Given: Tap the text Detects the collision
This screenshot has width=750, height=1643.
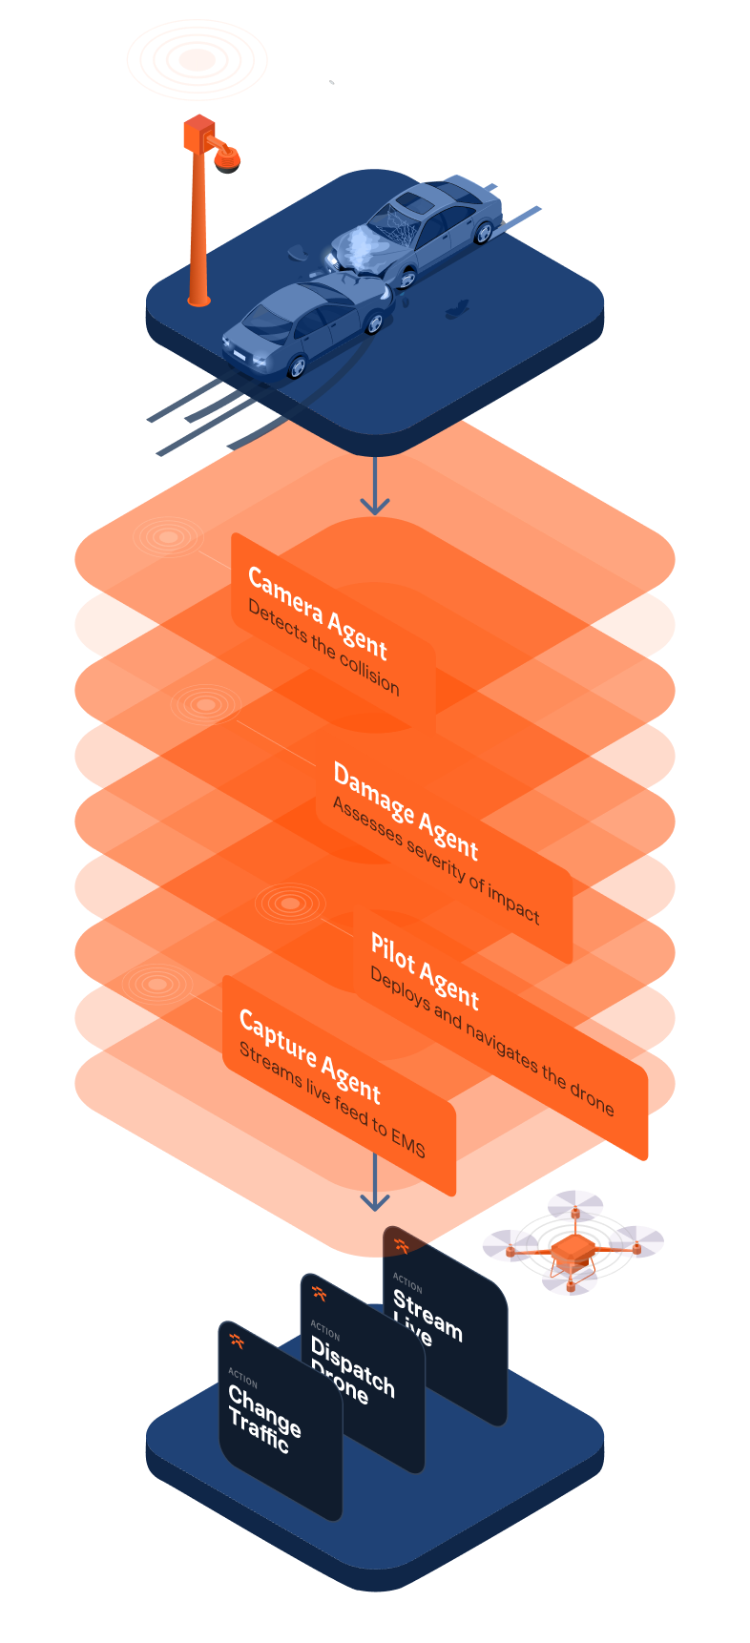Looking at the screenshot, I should click(323, 647).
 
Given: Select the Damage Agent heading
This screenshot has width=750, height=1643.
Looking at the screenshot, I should click(406, 811).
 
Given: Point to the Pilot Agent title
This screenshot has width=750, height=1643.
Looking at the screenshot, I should click(425, 971).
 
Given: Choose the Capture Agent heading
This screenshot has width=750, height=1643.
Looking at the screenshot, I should click(309, 1055).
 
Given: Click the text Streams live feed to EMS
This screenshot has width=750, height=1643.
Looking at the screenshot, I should click(332, 1100).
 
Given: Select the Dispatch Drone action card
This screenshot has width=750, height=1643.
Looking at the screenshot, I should click(363, 1374).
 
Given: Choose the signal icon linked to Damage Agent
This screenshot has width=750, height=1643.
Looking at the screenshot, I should click(206, 705).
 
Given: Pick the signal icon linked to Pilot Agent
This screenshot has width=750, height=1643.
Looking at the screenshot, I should click(290, 903).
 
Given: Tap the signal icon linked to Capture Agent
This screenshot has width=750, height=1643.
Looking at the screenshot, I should click(157, 984).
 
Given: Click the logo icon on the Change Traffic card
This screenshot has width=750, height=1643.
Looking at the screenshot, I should click(237, 1341).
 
